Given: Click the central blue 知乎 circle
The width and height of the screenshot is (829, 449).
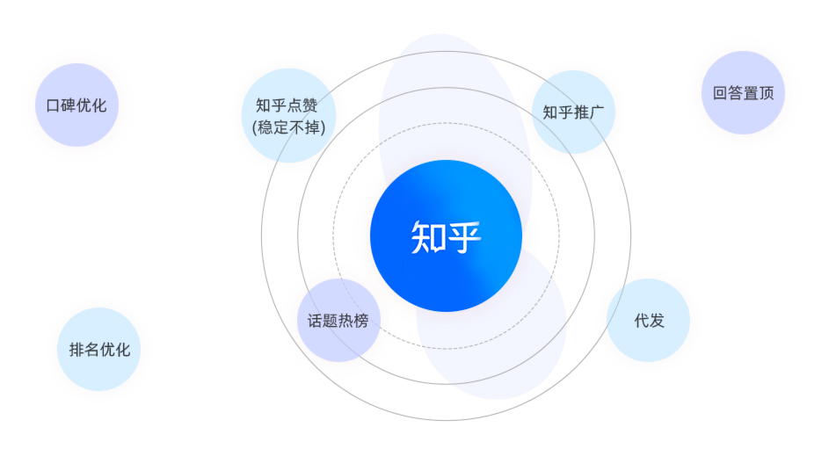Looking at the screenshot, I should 446,235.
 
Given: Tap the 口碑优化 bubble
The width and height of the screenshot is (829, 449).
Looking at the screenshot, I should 77,105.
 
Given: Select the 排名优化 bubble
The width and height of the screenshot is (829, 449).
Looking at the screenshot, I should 99,350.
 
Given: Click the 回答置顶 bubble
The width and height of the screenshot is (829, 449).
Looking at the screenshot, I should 744,93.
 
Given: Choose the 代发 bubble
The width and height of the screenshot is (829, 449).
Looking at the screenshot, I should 649,321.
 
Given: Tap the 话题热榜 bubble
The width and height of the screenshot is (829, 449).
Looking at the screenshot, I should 338,321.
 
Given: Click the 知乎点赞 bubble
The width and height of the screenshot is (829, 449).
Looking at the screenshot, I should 288,115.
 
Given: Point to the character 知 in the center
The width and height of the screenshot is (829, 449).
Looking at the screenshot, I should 426,236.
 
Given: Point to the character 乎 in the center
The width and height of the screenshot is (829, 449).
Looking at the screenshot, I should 466,236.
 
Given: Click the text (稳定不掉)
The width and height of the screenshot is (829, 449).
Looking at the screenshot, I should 288,127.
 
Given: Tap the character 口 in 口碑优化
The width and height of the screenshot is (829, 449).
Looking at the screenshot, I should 53,105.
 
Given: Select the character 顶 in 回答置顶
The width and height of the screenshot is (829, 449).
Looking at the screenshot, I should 767,93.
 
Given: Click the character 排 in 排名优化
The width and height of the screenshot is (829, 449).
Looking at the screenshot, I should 76,350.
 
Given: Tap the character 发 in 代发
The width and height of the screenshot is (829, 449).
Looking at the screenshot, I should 657,321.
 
